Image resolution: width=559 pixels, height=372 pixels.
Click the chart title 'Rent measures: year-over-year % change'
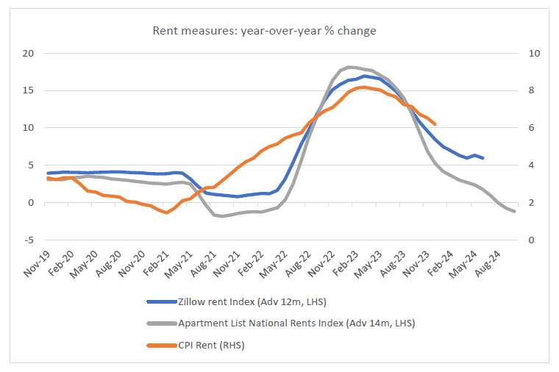tap(264, 31)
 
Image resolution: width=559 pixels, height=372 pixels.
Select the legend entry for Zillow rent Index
tap(250, 301)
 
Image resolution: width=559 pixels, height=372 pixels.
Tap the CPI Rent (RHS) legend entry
tap(210, 344)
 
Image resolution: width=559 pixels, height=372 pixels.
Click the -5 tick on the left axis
tap(29, 240)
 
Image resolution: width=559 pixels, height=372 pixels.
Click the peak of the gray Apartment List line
tap(349, 67)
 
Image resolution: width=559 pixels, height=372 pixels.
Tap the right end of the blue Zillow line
tap(483, 158)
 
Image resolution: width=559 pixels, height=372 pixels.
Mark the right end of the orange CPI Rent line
tap(435, 124)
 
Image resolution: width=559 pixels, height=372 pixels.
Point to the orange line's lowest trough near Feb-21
tap(167, 212)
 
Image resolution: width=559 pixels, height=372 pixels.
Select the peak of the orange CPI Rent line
tap(364, 87)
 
